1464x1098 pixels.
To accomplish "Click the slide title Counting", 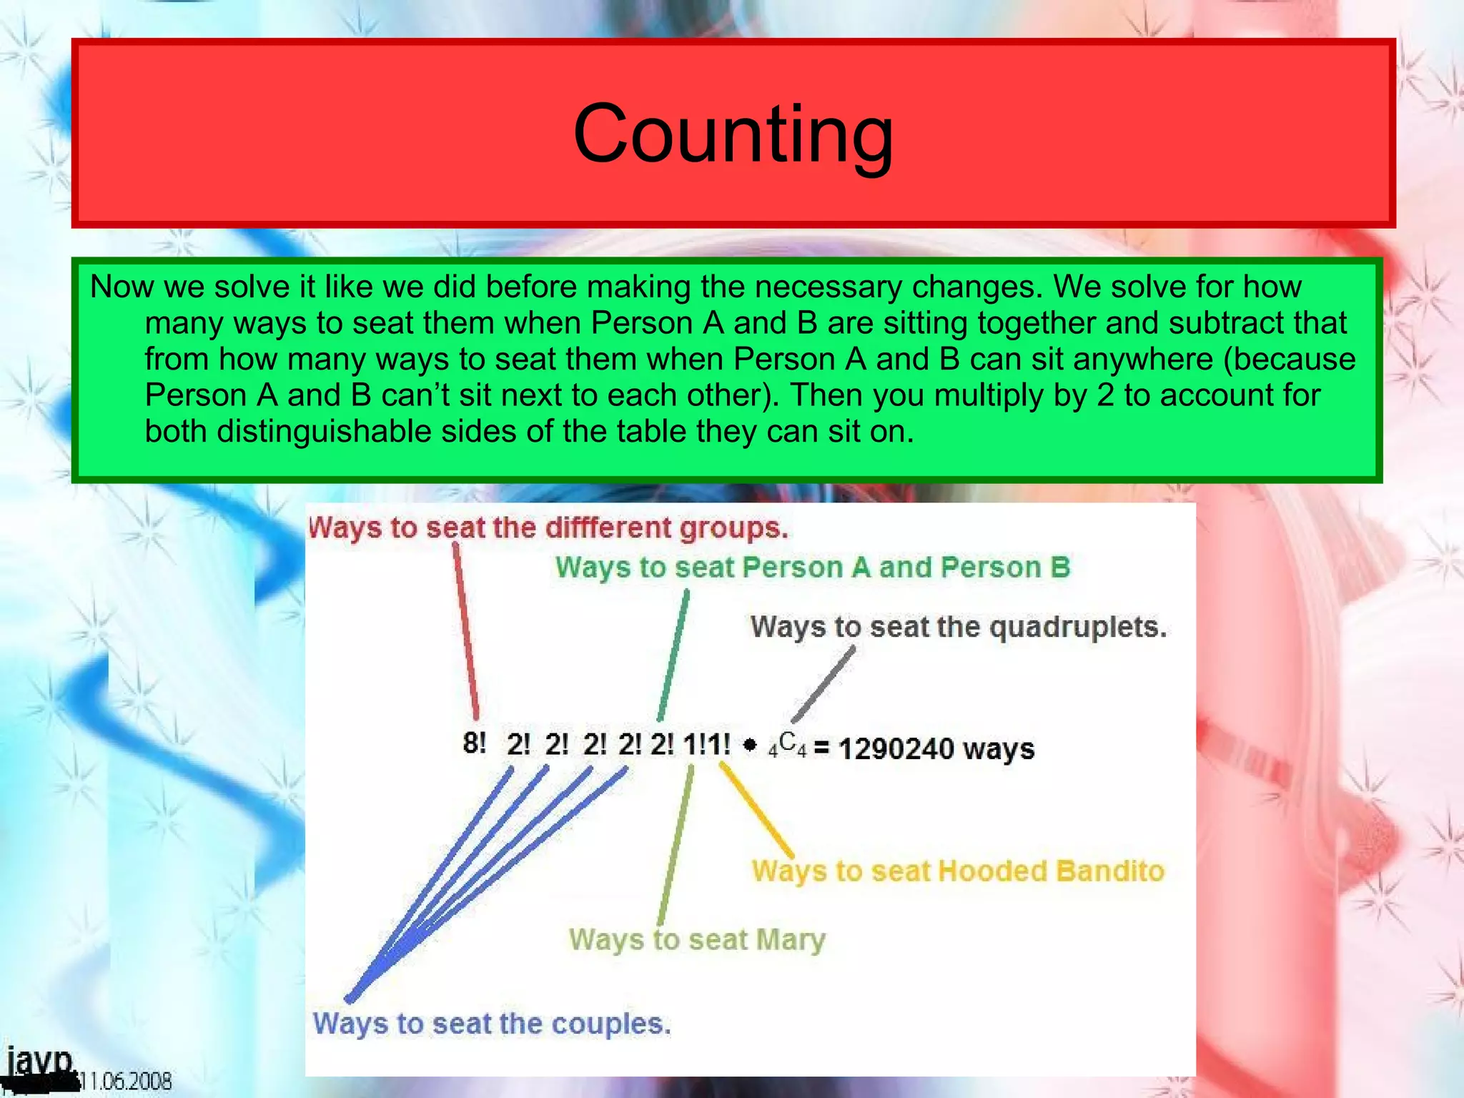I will (733, 134).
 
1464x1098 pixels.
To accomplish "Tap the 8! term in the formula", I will (474, 744).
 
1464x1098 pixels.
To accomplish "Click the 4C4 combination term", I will (787, 745).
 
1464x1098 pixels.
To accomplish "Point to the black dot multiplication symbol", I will (749, 746).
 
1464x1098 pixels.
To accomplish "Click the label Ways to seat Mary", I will (697, 939).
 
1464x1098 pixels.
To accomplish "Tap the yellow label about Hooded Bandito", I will (958, 871).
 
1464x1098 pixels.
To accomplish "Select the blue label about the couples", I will (492, 1024).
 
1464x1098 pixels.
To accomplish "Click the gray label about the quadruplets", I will (958, 627).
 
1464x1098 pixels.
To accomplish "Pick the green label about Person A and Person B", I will (813, 568).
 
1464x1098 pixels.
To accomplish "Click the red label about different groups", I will (548, 528).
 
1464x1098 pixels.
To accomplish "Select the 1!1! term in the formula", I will (706, 745).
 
